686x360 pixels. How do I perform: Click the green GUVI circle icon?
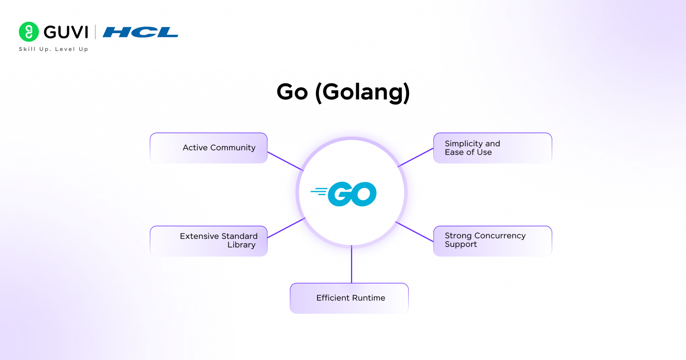[29, 32]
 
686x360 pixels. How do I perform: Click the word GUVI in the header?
[66, 32]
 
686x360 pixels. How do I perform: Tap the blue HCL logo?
[140, 32]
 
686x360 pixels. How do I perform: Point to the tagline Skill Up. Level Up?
[54, 49]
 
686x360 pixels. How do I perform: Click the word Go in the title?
[292, 92]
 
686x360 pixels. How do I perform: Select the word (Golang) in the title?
[362, 93]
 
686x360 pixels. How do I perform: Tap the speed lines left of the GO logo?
[319, 191]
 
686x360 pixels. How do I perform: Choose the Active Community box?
[209, 148]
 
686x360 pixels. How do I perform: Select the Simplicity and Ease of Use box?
[493, 148]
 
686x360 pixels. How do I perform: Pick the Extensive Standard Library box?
[209, 241]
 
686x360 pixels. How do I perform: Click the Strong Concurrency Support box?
[493, 241]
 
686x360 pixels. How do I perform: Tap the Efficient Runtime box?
[349, 298]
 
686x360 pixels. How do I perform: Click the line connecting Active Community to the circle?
[285, 161]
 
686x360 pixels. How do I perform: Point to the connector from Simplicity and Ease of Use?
[415, 157]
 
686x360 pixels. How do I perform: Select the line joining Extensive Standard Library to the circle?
[286, 228]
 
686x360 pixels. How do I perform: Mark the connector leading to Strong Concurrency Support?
[414, 231]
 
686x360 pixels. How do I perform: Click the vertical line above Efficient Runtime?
[351, 264]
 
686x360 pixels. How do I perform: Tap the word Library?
[242, 245]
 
